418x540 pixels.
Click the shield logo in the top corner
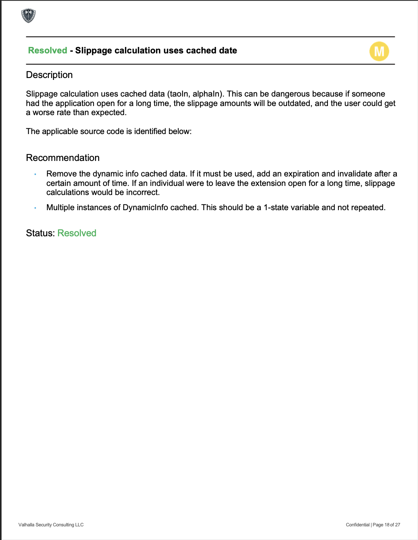(x=28, y=16)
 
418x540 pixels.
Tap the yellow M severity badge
(x=379, y=51)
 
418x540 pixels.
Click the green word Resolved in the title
(x=48, y=50)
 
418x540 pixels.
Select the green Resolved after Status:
(x=77, y=233)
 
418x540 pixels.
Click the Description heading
(x=49, y=75)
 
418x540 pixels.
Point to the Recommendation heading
(x=63, y=158)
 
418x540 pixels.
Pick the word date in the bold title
(x=228, y=50)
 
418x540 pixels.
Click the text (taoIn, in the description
(x=179, y=94)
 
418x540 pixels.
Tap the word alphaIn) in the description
(x=207, y=94)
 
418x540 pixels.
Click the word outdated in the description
(x=294, y=103)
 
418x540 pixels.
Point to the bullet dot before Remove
(x=35, y=174)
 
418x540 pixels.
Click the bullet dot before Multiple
(x=35, y=208)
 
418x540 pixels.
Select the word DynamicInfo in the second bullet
(x=145, y=208)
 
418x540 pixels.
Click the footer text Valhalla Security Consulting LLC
(x=51, y=525)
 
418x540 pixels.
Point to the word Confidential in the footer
(x=357, y=525)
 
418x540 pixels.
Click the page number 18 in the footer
(x=387, y=525)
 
